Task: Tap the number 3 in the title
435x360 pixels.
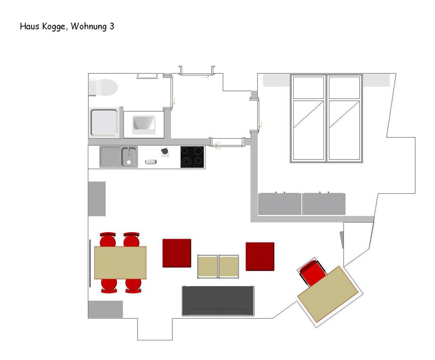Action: point(112,27)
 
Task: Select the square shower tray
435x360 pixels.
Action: point(104,122)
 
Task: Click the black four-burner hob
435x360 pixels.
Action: point(192,157)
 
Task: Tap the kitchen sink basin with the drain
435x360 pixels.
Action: point(129,157)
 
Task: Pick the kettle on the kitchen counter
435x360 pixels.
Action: point(164,151)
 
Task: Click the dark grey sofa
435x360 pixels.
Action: point(218,301)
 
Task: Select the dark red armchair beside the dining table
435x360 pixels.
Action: point(177,253)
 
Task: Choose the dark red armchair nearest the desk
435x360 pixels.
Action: point(260,257)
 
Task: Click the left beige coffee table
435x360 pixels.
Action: point(207,267)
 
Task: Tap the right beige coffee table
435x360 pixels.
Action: point(228,267)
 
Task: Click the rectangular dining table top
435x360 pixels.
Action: point(120,263)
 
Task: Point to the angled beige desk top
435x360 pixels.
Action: point(328,294)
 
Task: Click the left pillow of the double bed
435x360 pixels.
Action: point(308,88)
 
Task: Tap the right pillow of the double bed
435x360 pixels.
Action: point(344,88)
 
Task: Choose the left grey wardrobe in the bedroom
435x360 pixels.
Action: point(280,204)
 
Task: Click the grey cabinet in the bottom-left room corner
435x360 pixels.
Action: point(105,309)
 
